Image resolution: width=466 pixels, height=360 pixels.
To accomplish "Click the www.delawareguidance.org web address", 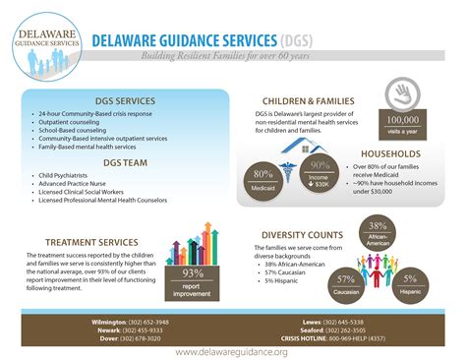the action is [232, 352].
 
